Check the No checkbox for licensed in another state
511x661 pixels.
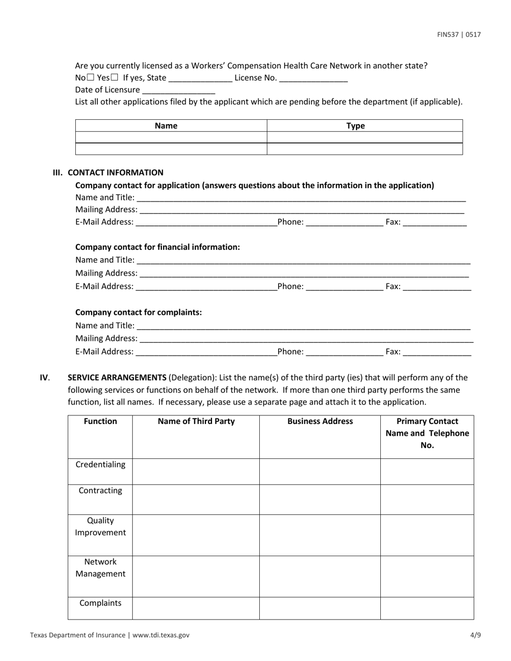click(90, 77)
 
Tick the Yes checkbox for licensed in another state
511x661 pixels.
click(114, 77)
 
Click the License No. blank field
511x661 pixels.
click(314, 78)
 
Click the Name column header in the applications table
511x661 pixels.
click(166, 126)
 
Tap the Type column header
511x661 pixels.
click(356, 126)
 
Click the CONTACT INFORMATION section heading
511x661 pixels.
click(115, 173)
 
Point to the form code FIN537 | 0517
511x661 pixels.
click(458, 35)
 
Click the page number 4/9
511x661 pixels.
click(475, 635)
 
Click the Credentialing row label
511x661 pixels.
click(100, 465)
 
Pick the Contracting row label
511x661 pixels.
click(100, 491)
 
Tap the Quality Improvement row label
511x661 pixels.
click(100, 527)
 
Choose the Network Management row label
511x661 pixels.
click(100, 568)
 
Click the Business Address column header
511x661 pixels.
click(320, 421)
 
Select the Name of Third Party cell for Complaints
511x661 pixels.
click(196, 608)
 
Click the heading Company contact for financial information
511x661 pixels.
click(158, 247)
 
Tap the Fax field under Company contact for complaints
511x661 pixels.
click(436, 352)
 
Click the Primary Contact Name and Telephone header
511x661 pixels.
click(427, 433)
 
